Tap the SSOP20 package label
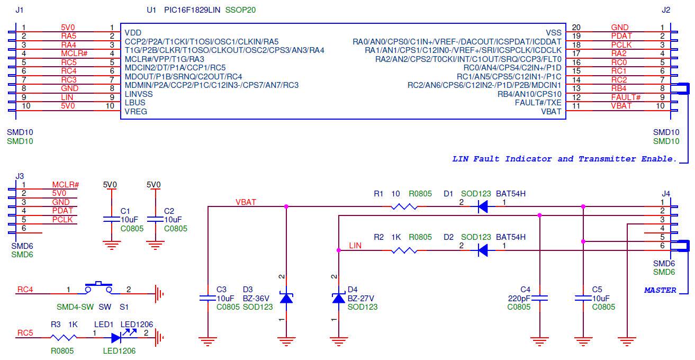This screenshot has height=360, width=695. click(240, 10)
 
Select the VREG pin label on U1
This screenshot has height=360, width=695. click(136, 111)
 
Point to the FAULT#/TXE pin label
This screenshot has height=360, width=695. click(538, 102)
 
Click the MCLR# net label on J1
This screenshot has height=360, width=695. click(74, 53)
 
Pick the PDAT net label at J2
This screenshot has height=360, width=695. click(621, 36)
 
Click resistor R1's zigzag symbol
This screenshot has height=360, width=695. click(404, 206)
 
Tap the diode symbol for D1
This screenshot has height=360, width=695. click(482, 206)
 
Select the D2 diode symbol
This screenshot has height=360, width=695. click(482, 250)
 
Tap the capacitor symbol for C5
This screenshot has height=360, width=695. click(583, 298)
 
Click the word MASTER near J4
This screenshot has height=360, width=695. click(660, 290)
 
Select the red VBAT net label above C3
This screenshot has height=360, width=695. click(246, 202)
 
